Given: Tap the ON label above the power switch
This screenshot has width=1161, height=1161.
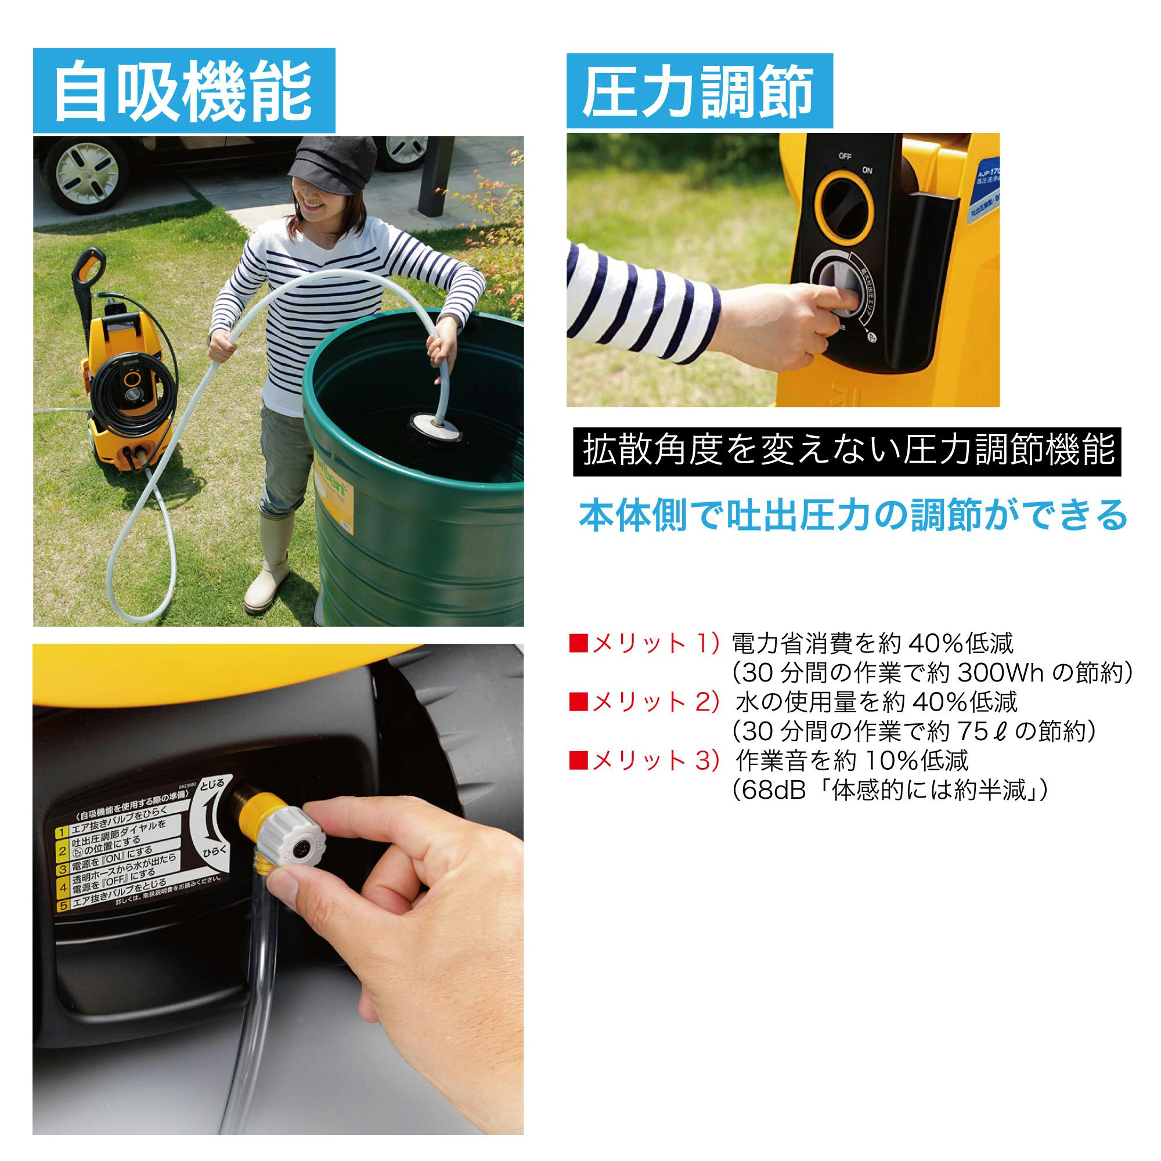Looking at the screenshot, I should [867, 171].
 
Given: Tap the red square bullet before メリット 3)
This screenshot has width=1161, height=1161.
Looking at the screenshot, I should [578, 762].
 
